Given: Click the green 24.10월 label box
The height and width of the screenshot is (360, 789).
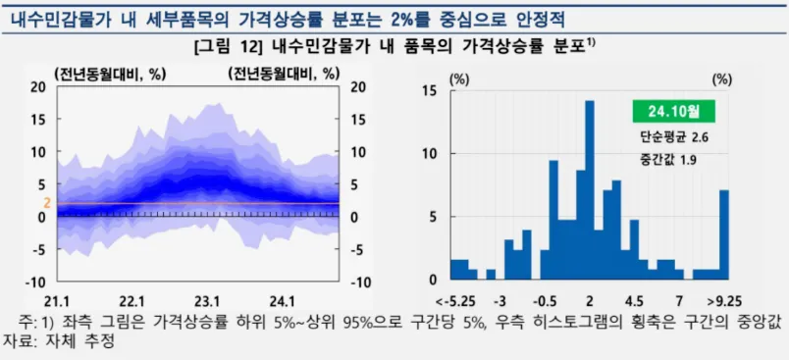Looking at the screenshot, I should click(x=674, y=111).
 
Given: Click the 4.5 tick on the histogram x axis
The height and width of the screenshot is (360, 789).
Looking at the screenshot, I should click(x=633, y=300).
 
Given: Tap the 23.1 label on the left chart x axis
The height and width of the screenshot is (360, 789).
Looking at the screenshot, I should click(x=205, y=300).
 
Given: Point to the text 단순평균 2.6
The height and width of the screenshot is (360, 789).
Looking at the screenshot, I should click(x=673, y=139).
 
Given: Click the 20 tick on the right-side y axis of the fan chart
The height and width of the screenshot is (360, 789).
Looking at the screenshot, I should click(x=358, y=86).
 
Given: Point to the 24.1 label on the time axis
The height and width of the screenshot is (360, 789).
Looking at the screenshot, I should click(x=282, y=300).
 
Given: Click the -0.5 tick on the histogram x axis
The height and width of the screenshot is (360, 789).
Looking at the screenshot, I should click(x=545, y=300).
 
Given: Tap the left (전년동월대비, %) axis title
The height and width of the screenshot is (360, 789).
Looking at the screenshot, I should click(x=110, y=74).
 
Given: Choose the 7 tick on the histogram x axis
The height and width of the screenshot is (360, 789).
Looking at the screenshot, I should click(x=678, y=300).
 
